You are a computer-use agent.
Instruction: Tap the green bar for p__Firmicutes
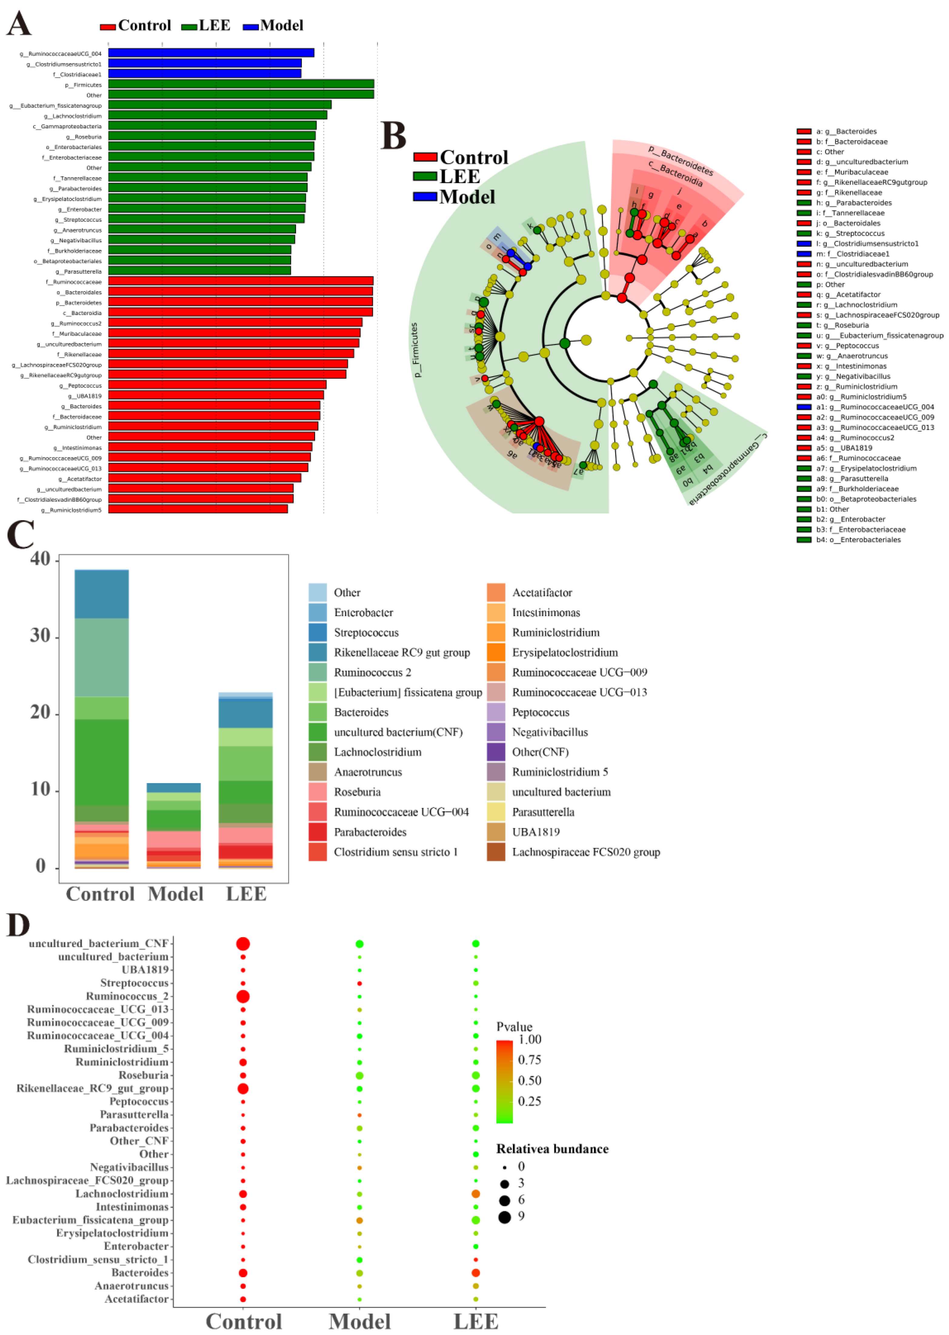[x=241, y=84]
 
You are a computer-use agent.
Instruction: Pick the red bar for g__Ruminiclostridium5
[x=198, y=509]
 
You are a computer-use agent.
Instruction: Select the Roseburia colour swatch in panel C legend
[x=317, y=792]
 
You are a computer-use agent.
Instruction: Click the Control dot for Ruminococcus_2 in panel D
[x=243, y=996]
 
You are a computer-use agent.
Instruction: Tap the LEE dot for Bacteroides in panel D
[x=476, y=1273]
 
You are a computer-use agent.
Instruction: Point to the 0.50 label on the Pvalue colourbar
[x=529, y=1080]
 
